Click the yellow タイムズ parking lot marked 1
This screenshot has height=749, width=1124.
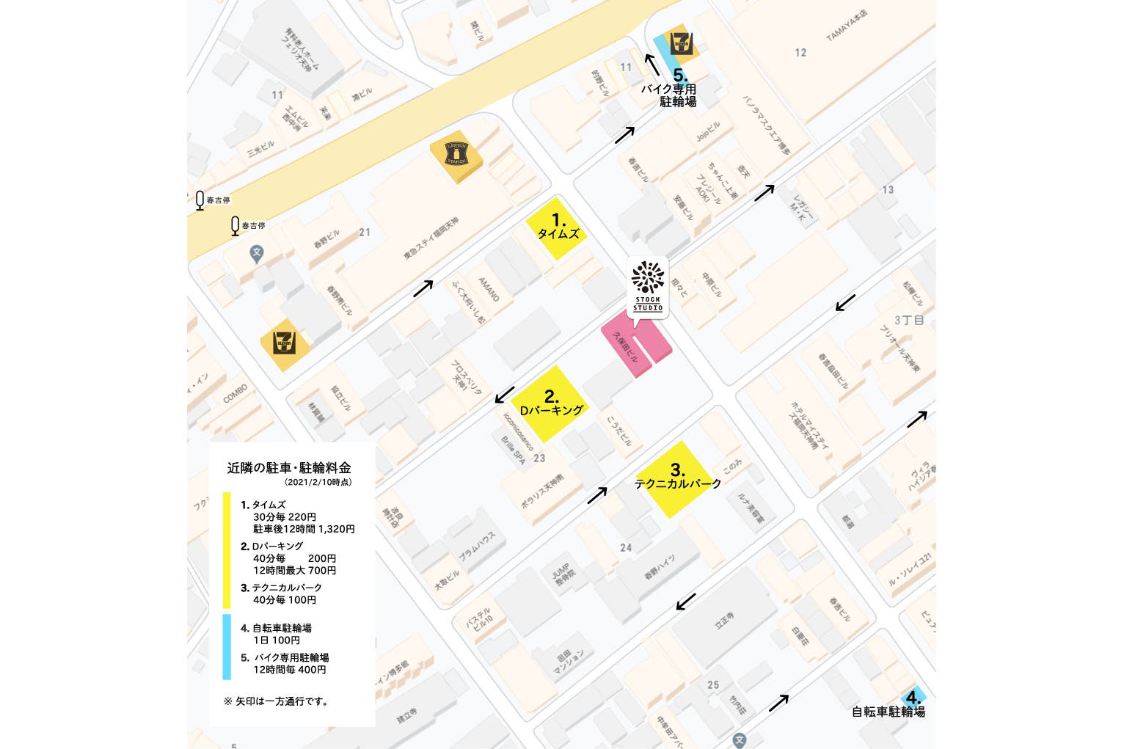click(x=559, y=227)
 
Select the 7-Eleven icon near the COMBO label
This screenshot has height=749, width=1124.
click(x=285, y=343)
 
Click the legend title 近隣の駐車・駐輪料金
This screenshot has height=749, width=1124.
click(x=289, y=467)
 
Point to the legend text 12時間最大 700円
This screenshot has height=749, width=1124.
click(x=294, y=570)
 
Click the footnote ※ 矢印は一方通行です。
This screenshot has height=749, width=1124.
click(x=277, y=701)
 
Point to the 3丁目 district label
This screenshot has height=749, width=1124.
click(x=909, y=320)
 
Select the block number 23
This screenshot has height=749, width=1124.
click(x=539, y=458)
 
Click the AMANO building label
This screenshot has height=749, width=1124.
click(x=489, y=289)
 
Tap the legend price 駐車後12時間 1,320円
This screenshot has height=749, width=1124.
click(x=304, y=529)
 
